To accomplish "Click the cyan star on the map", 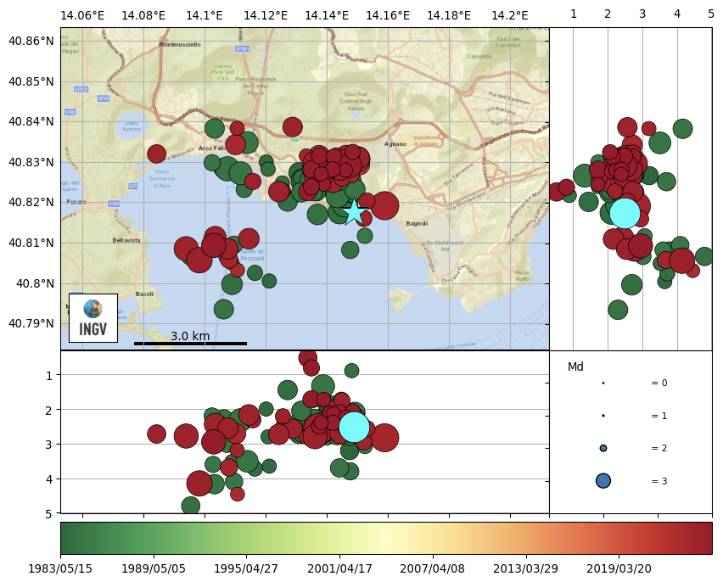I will pos(354,211).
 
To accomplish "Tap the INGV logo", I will pos(93,318).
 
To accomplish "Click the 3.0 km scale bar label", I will pos(190,336).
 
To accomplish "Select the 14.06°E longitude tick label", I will pos(83,15).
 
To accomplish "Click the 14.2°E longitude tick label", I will pos(509,15).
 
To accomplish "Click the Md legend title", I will pos(575,367).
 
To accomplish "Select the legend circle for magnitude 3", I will pos(603,481).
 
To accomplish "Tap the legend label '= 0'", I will pos(659,383).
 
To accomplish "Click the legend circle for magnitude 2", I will pos(603,448).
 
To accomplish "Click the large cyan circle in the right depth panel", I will pos(625,212).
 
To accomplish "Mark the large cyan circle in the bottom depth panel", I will pos(354,427).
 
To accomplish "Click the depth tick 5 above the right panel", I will pos(711,14).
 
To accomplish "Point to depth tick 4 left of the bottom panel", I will pos(49,479).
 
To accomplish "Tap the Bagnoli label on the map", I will pos(417,224).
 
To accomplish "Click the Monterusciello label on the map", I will pos(180,45).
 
